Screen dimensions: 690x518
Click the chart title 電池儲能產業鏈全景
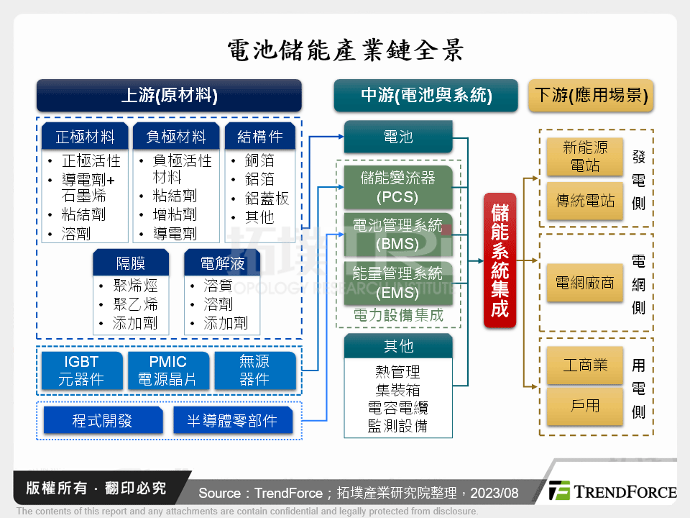346,50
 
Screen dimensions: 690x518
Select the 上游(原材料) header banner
169,95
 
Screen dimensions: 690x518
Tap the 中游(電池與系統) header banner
426,95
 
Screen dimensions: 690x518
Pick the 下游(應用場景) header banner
591,95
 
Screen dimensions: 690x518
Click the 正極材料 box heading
85,137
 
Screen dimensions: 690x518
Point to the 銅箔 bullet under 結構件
259,160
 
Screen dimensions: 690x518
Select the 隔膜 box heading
131,263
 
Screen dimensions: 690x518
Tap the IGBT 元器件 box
82,371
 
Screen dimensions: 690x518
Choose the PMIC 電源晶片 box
168,371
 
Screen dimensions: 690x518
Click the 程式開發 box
103,421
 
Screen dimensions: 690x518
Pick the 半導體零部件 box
233,421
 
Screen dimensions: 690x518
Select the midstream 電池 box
398,137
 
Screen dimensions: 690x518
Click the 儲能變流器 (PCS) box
398,187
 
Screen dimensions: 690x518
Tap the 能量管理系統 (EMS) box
398,283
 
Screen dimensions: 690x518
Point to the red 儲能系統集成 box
500,260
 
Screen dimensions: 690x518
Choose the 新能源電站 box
585,156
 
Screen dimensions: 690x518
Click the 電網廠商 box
585,283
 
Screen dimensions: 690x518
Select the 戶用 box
585,406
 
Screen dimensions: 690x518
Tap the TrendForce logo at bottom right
612,491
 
